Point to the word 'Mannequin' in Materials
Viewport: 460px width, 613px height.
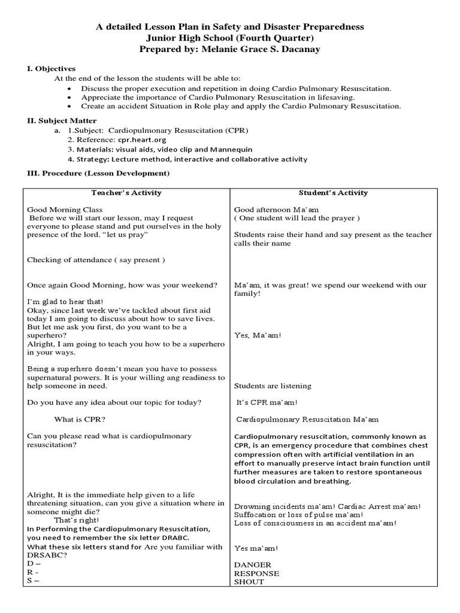[231, 149]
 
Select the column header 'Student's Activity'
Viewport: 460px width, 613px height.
[333, 193]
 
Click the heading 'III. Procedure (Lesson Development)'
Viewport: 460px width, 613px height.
[96, 174]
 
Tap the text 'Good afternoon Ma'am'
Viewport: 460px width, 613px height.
[268, 210]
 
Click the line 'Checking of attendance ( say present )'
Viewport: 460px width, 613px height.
[96, 260]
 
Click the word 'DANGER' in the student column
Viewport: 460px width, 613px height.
[252, 565]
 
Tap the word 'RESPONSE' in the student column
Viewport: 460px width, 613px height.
[256, 573]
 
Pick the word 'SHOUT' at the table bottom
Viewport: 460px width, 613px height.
[249, 582]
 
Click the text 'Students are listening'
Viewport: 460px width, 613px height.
[273, 386]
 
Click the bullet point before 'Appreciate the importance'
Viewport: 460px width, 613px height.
[70, 97]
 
